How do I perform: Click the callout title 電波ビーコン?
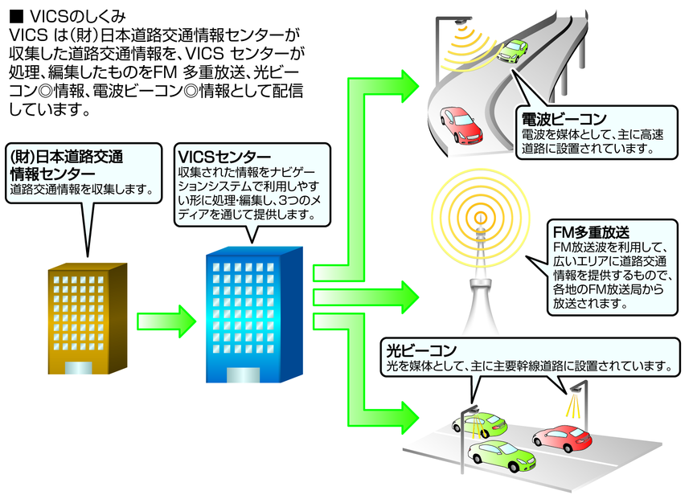tap(563, 119)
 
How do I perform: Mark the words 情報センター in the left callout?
tap(52, 173)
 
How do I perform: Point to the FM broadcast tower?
tap(481, 265)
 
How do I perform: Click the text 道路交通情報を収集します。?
tap(81, 190)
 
